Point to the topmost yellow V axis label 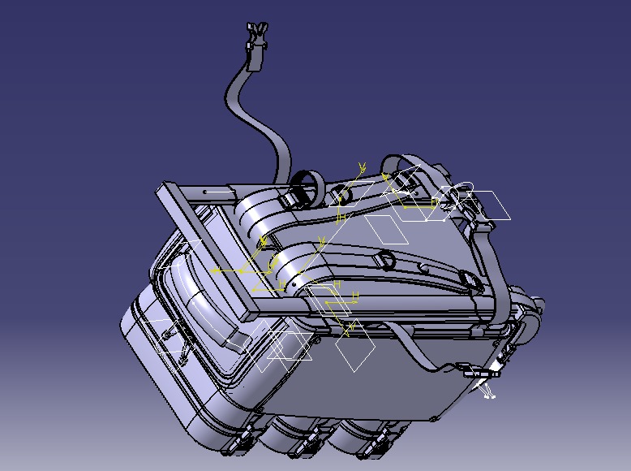point(362,167)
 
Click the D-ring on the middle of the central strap point(387,260)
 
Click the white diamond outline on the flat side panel point(356,353)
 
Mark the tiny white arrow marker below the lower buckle point(488,395)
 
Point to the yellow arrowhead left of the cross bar point(215,270)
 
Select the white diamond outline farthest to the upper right point(489,205)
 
